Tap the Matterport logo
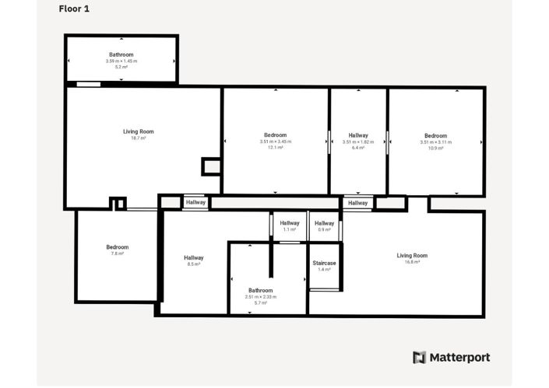tap(451, 358)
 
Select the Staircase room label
tap(324, 264)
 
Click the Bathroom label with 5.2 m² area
tap(121, 55)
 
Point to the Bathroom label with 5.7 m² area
tap(260, 290)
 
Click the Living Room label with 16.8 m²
tap(412, 255)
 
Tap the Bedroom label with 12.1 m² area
tap(275, 135)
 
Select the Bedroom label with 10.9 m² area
tap(435, 135)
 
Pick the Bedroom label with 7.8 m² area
tap(118, 247)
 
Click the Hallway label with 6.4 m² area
tap(358, 135)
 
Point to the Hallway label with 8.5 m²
tap(194, 258)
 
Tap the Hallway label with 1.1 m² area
tap(289, 223)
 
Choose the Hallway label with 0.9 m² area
tap(324, 223)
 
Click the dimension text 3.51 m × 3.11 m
tap(435, 142)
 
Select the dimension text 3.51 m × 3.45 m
tap(275, 142)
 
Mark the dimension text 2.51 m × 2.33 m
tap(260, 297)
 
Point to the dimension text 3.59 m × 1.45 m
tap(121, 61)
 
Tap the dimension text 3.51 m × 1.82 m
tap(358, 142)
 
